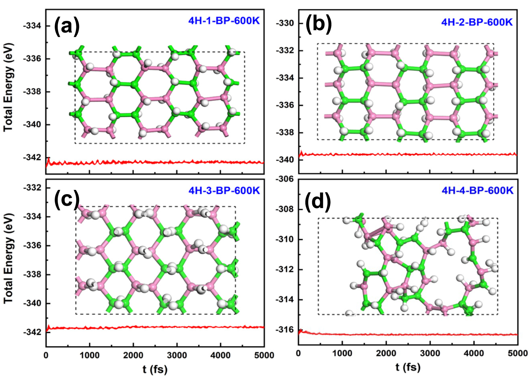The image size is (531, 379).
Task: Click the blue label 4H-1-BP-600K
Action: tap(224, 21)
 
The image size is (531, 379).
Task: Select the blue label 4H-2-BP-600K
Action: tap(477, 22)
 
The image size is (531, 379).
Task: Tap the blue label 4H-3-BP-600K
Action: tap(224, 190)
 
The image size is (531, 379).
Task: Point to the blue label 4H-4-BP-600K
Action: tap(477, 190)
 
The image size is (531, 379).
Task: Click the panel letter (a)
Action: tap(67, 26)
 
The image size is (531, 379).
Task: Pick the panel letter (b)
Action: tap(319, 24)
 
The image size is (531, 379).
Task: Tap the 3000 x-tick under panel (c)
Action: tap(177, 355)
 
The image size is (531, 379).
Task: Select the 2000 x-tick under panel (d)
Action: tap(386, 353)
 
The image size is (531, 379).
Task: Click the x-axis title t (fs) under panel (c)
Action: tap(155, 369)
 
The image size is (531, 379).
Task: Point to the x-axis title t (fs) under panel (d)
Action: tap(408, 367)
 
